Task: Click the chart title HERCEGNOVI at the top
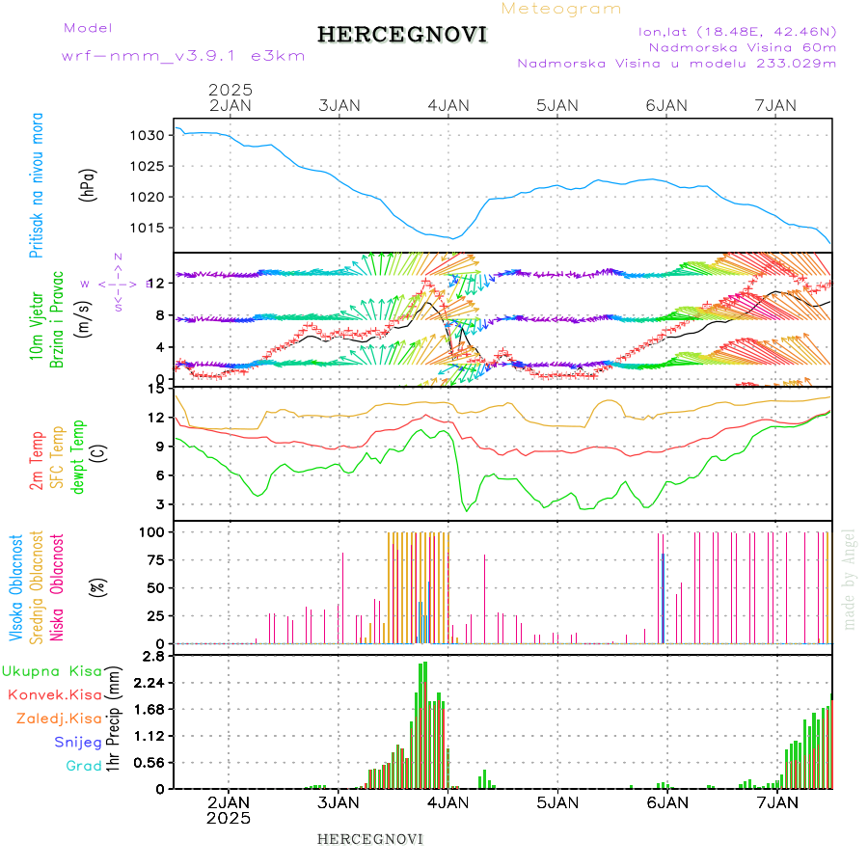point(401,36)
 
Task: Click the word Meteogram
point(561,9)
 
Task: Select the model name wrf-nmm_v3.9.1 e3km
point(183,56)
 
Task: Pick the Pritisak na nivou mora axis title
point(38,184)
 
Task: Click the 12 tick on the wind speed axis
point(159,283)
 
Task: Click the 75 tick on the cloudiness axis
point(153,559)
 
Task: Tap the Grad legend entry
point(83,766)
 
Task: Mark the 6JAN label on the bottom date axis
point(666,801)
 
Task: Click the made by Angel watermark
point(850,579)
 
